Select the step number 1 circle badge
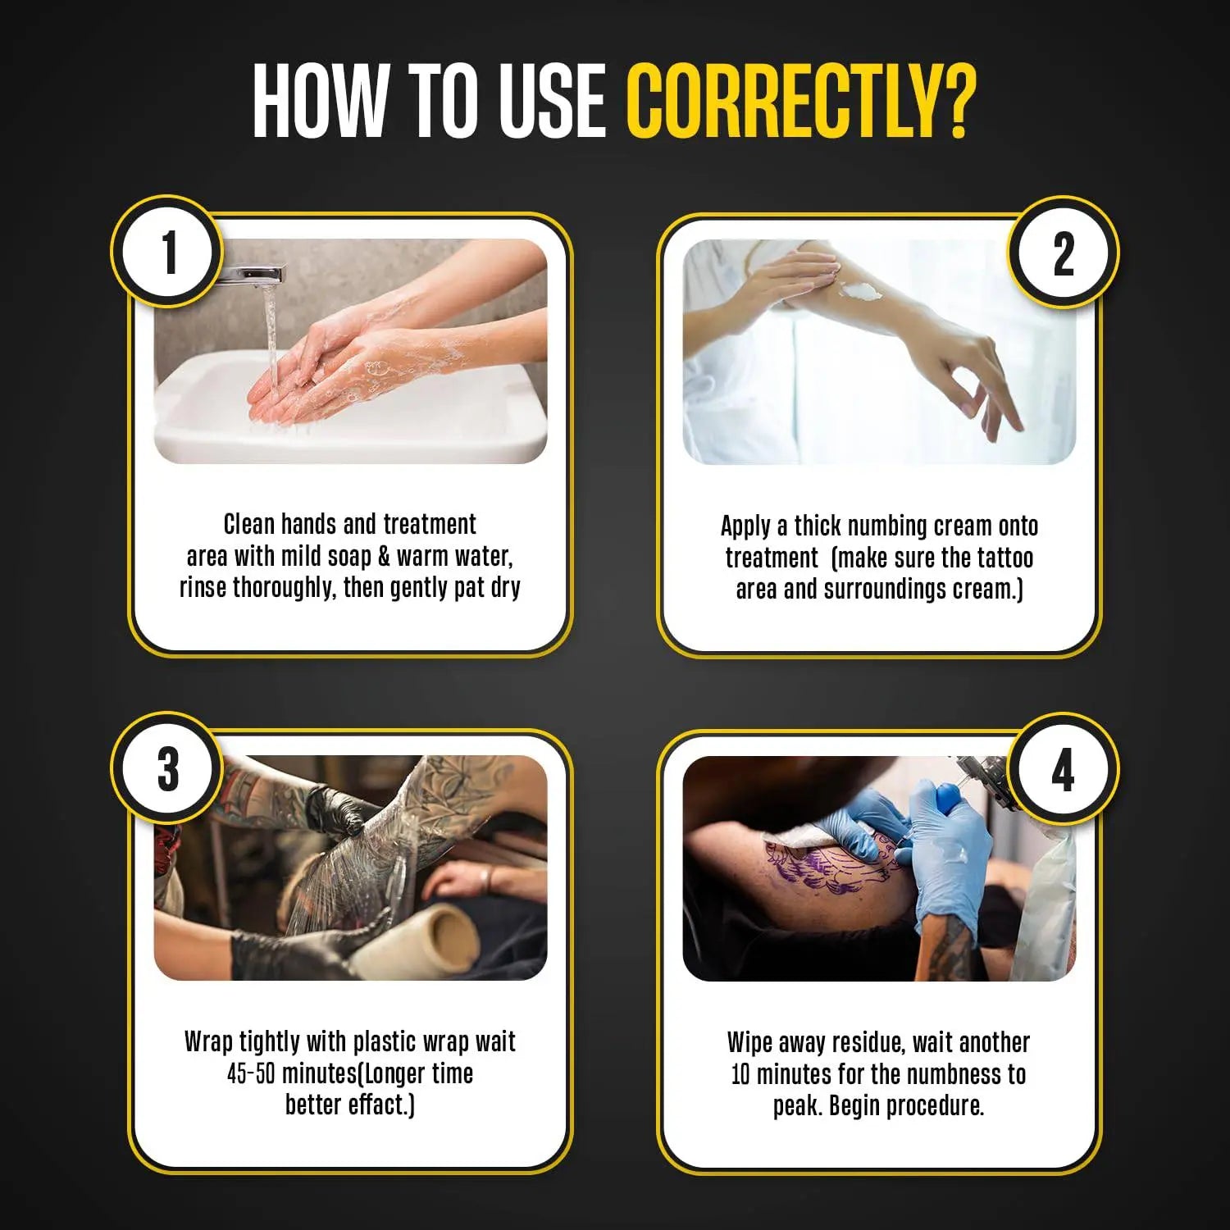coord(167,252)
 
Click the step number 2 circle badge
coord(1064,253)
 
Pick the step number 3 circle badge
coord(167,768)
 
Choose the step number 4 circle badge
coord(1064,770)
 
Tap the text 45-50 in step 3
coord(251,1073)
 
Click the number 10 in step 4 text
coord(740,1074)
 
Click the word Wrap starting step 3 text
coord(208,1042)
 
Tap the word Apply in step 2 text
coord(745,526)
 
